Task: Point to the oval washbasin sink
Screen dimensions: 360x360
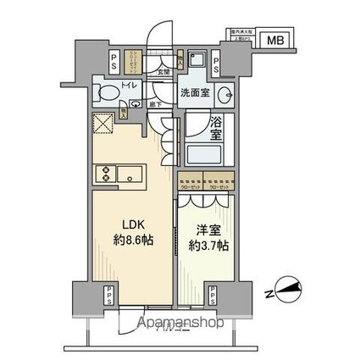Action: pyautogui.click(x=226, y=92)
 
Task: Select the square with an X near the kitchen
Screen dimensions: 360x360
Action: pyautogui.click(x=104, y=126)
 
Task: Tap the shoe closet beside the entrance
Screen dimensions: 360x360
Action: pyautogui.click(x=134, y=62)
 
